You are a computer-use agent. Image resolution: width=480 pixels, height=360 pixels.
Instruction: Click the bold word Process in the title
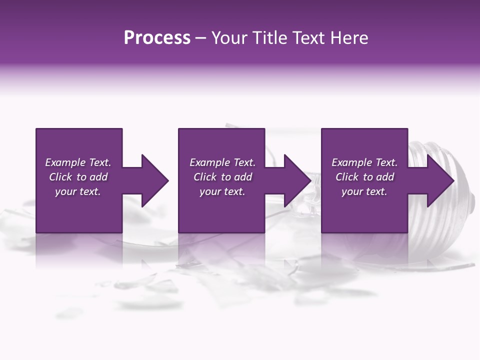click(x=157, y=38)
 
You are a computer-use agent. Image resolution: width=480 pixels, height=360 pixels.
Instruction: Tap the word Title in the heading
click(x=266, y=38)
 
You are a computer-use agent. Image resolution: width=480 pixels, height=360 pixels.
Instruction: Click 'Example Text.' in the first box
click(x=78, y=162)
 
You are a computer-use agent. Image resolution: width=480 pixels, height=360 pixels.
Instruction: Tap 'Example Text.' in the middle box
click(x=222, y=162)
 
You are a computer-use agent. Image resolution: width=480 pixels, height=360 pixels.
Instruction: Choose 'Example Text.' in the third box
click(x=364, y=162)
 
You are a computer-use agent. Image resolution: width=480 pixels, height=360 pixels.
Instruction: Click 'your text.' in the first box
click(x=78, y=191)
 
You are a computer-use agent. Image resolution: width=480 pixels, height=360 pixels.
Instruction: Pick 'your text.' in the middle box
click(x=222, y=191)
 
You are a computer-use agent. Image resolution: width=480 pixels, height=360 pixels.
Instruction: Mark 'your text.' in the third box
click(x=364, y=191)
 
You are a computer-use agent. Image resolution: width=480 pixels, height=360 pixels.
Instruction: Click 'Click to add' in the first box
click(x=78, y=177)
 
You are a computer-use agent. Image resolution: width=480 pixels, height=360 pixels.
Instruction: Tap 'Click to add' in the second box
click(x=222, y=177)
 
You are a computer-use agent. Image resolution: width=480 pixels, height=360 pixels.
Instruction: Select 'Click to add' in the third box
click(x=364, y=177)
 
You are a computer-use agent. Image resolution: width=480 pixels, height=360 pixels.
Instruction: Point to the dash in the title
click(x=200, y=38)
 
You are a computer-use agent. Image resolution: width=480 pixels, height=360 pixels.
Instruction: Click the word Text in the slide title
click(x=306, y=38)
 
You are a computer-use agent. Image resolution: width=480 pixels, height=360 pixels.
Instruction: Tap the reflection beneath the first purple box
click(x=79, y=250)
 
